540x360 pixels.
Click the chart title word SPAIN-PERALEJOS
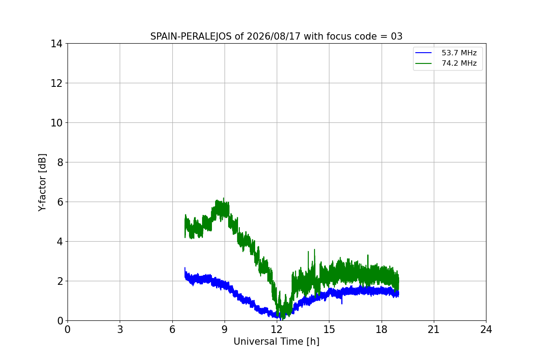point(191,36)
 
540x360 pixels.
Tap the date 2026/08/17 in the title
point(274,36)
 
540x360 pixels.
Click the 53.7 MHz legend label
point(459,53)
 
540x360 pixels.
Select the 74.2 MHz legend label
point(459,63)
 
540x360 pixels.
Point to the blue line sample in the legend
point(423,53)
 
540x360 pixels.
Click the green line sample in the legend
point(423,63)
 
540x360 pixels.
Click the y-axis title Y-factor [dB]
point(42,183)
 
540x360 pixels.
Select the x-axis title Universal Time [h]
point(276,342)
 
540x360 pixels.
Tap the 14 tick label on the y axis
point(56,44)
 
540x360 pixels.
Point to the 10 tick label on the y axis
point(56,123)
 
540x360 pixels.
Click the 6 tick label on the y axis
point(60,202)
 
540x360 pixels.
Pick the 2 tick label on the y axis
point(60,281)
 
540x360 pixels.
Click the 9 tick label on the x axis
point(225,329)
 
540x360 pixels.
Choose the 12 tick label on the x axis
point(277,329)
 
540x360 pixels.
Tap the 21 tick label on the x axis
point(434,329)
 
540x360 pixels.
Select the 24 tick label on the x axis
point(486,329)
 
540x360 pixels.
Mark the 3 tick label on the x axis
point(120,329)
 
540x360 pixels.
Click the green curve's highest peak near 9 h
point(224,198)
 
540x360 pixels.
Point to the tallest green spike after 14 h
point(315,250)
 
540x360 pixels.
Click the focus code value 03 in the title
point(396,36)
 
